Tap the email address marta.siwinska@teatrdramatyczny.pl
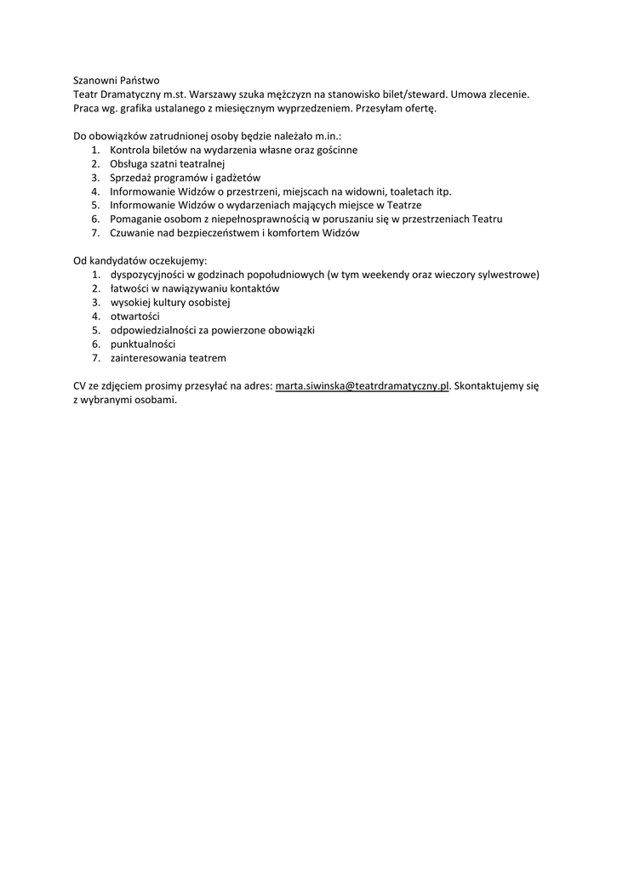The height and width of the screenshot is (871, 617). coord(362,386)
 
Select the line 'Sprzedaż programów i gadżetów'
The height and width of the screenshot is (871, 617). coord(185,178)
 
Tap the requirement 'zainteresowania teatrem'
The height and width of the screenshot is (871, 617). coord(168,357)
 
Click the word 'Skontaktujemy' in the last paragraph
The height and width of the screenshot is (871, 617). coord(489,386)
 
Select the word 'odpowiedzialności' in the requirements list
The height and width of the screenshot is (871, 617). coord(153,330)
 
